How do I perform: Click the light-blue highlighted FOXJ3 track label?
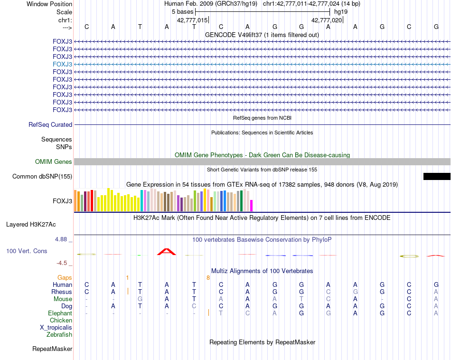63,64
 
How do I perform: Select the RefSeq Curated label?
50,124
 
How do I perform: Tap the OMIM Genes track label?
54,162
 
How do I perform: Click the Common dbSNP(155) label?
42,177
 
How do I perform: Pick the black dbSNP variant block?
437,177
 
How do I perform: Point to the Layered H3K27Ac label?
31,224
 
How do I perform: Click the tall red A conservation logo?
166,251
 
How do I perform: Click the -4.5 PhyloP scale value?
63,263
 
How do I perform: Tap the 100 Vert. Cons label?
27,251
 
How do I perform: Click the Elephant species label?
60,313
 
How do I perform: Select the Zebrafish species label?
59,335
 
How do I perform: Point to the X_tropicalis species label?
56,328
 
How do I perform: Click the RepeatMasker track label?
52,349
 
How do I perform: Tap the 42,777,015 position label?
192,20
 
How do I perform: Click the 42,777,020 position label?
327,20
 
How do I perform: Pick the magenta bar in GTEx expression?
252,206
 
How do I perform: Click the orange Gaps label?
65,277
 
